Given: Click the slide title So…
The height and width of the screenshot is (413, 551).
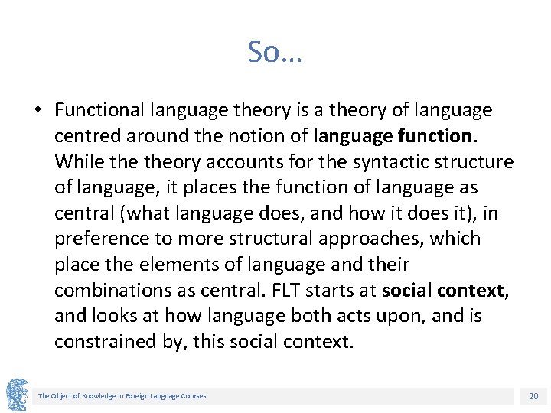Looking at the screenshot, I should pyautogui.click(x=275, y=52).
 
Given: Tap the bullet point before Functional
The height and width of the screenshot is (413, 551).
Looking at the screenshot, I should pyautogui.click(x=37, y=110).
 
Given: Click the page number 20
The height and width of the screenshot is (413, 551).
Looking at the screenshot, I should pyautogui.click(x=533, y=396).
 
